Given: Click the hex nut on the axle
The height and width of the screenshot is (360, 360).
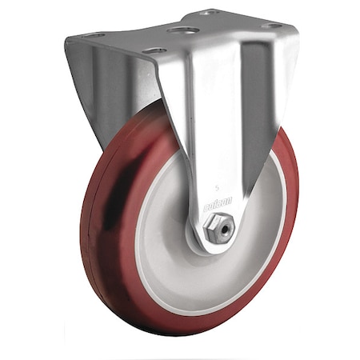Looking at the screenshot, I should click(x=220, y=230).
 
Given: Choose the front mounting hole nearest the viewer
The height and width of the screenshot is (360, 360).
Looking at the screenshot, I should click(x=155, y=50).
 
